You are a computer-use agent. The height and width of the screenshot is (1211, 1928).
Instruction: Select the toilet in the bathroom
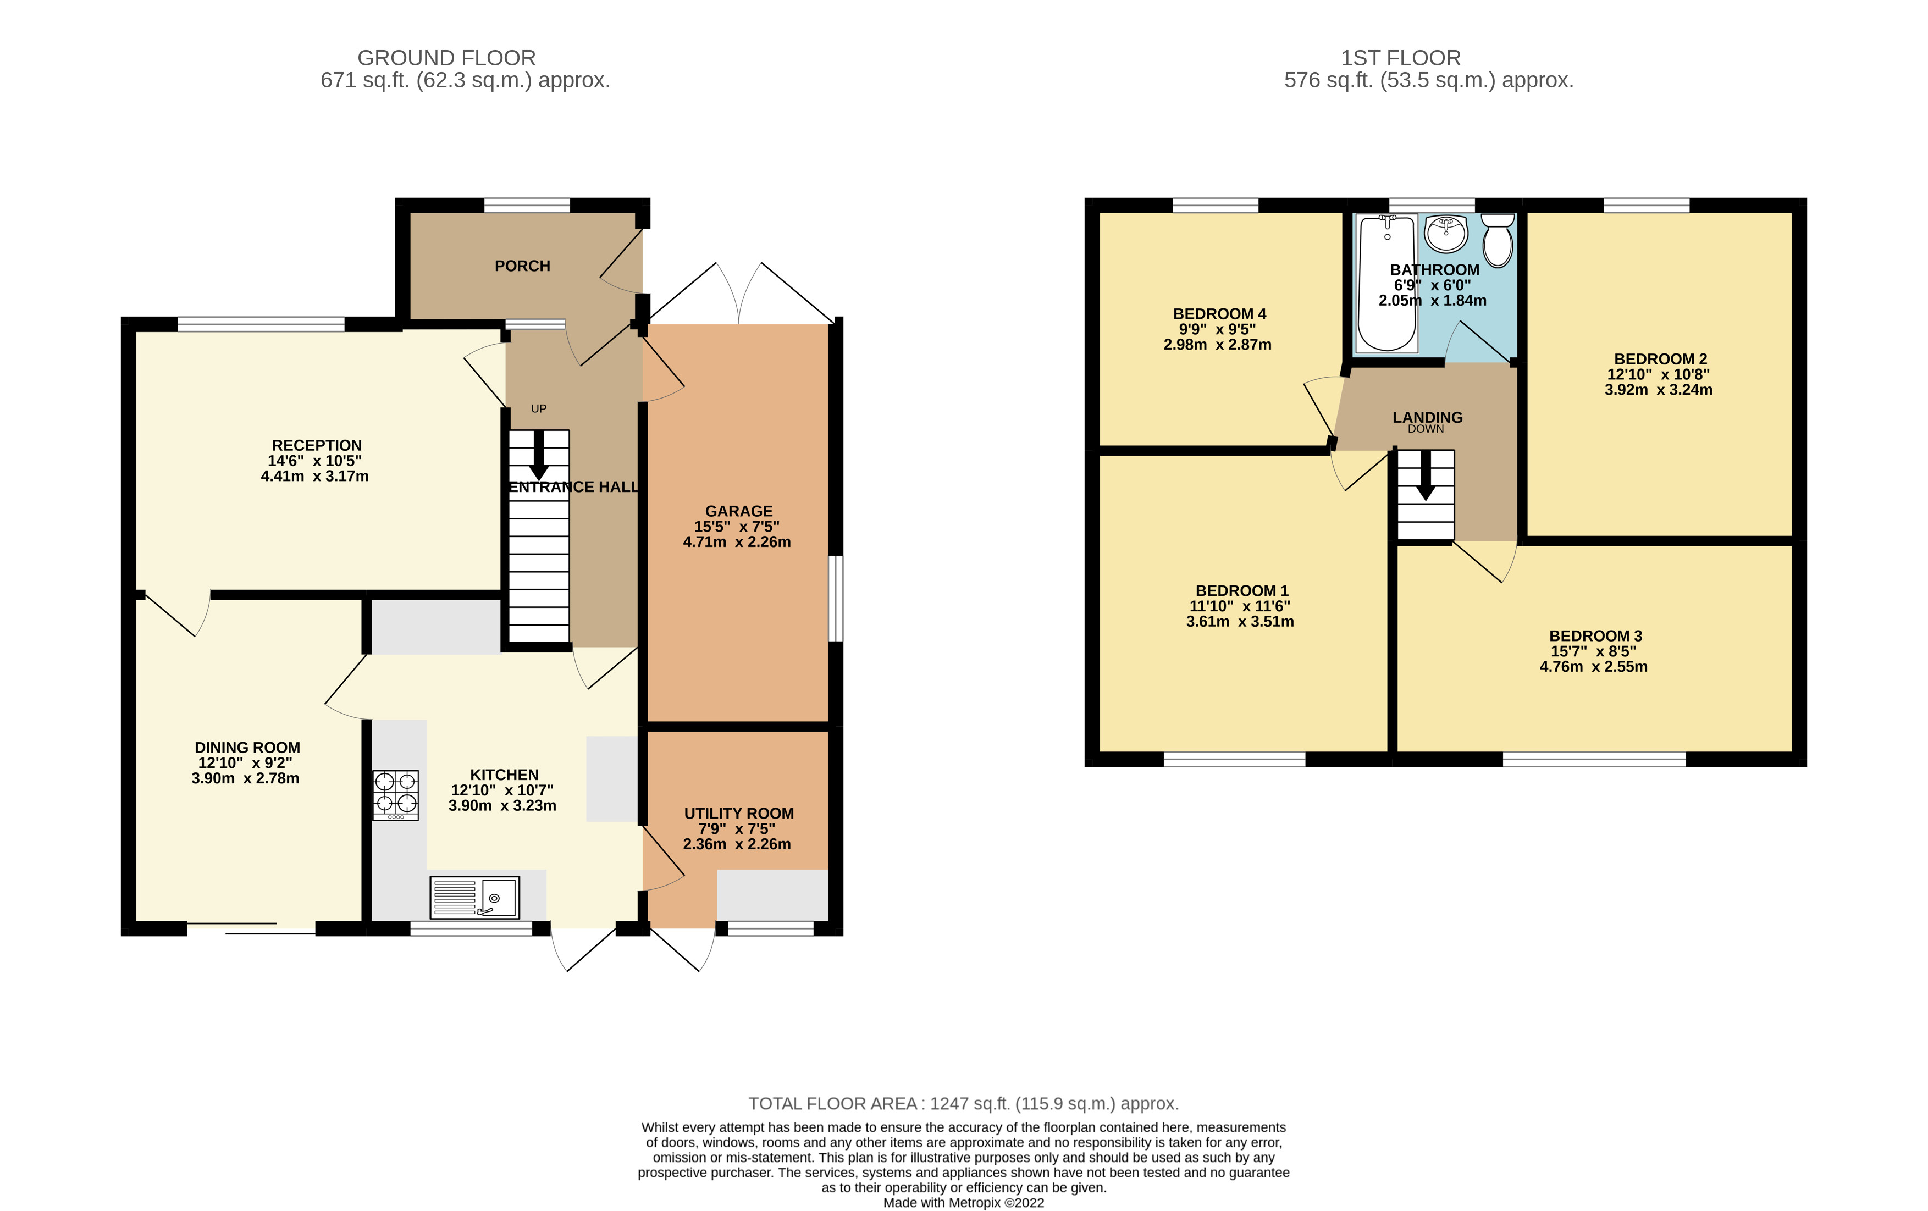pos(1497,240)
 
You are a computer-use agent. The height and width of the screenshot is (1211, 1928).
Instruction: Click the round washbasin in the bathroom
pos(1446,233)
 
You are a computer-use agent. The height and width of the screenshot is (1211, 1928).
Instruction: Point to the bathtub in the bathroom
pos(1386,284)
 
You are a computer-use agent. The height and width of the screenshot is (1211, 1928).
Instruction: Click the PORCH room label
pos(522,266)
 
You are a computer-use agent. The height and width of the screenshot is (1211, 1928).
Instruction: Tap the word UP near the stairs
pos(539,409)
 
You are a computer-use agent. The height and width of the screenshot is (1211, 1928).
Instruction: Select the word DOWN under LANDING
pos(1426,429)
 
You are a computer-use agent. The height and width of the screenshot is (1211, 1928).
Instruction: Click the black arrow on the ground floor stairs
pos(539,455)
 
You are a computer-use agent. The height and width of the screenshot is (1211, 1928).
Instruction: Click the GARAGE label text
pos(738,511)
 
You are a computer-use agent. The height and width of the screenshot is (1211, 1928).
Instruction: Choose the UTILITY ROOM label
pos(738,813)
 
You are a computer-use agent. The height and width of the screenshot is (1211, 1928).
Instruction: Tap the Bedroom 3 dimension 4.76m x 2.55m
pos(1593,667)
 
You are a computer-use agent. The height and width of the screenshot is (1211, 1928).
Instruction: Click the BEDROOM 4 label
pos(1219,314)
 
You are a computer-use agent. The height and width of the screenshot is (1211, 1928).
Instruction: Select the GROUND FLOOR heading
pos(446,58)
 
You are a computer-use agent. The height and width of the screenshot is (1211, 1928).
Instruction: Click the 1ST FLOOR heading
pos(1400,58)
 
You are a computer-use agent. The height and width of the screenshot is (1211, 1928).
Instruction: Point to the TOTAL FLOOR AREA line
pos(963,1104)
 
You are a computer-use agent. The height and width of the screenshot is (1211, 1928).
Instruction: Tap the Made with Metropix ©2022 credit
pos(963,1202)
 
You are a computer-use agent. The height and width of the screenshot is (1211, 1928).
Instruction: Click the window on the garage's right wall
pos(835,599)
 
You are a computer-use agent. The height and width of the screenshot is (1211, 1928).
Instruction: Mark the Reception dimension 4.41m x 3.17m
pos(314,476)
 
